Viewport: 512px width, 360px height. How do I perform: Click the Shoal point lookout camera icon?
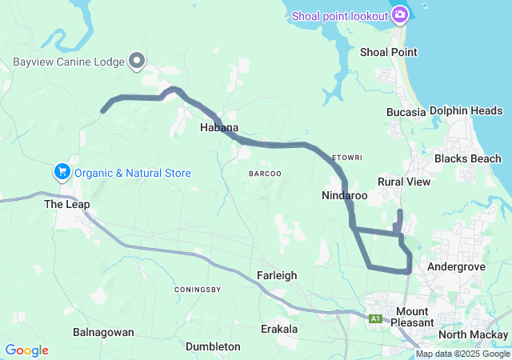coord(399,14)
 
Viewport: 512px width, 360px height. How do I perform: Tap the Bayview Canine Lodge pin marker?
coord(138,61)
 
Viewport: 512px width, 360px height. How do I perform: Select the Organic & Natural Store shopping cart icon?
coord(62,172)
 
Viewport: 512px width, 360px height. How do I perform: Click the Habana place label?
coord(219,127)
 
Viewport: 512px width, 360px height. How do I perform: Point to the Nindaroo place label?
coord(344,195)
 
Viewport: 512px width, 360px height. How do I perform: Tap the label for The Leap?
coord(66,204)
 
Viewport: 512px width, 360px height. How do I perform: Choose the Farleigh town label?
coord(277,275)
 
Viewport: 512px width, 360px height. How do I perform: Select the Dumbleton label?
coord(213,346)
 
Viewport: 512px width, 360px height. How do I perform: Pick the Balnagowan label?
coord(103,331)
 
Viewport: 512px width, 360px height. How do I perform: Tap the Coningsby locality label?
coord(197,289)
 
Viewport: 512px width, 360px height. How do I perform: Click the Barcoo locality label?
coord(265,174)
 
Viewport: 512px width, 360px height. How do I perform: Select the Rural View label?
coord(404,182)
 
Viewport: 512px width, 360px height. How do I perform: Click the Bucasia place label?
coord(406,112)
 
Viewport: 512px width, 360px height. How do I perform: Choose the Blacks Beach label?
coord(467,158)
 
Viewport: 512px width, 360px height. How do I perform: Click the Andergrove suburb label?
coord(452,266)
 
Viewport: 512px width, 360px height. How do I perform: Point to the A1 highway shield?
coord(376,319)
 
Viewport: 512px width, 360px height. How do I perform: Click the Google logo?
coord(26,350)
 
